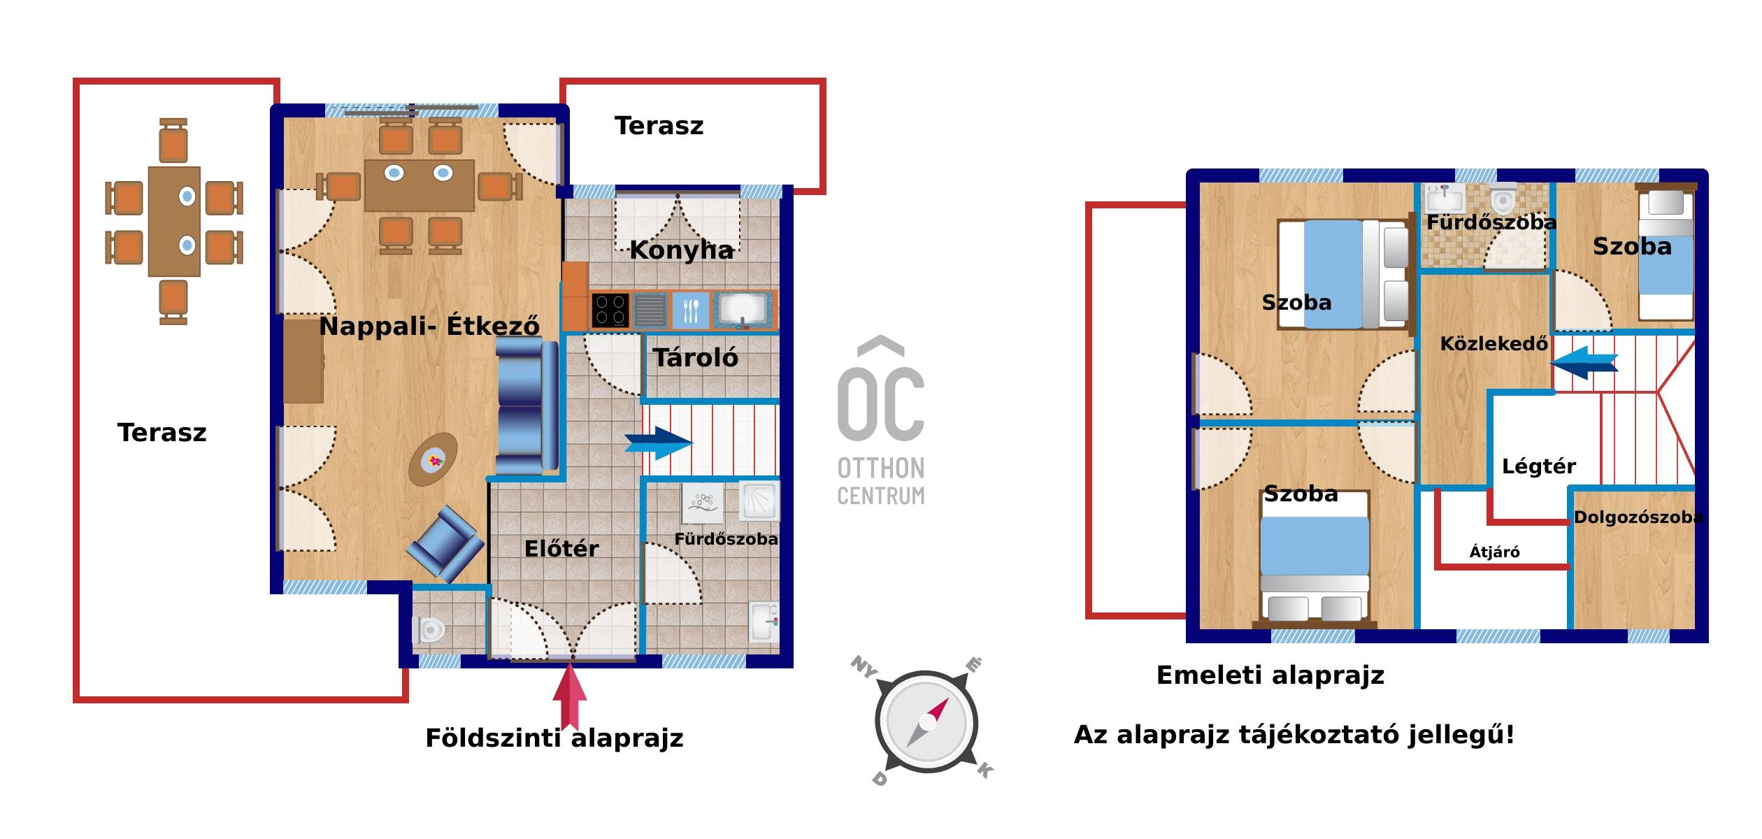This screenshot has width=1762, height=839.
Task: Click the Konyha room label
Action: pos(681,250)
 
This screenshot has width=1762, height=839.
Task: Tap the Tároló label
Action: pos(696,357)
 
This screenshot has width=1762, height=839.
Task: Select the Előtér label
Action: pos(561,548)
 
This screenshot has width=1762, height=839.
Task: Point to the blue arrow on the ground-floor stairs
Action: pos(658,443)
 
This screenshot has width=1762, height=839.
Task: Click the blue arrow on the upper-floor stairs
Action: pos(1584,363)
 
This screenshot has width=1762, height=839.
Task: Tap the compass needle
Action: pos(928,722)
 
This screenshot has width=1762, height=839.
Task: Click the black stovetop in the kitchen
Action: pos(610,310)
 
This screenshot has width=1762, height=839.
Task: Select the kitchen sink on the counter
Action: pos(744,310)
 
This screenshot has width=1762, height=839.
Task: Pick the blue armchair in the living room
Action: pos(445,544)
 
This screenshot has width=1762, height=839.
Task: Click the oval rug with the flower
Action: pos(434,459)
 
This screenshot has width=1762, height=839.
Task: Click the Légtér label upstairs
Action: pos(1539,466)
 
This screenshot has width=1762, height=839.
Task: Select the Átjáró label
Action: pos(1495,552)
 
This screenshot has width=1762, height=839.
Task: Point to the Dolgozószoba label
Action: pos(1638,517)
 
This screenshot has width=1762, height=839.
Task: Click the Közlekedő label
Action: pos(1494,343)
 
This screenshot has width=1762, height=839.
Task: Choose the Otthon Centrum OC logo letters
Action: pos(881,395)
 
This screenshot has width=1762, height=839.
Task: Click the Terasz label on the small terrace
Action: pos(659,126)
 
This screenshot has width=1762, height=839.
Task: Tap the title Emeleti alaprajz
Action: pos(1270,675)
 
